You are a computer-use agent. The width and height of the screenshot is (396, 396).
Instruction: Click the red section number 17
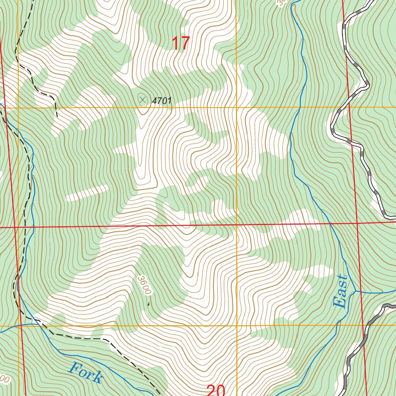181,43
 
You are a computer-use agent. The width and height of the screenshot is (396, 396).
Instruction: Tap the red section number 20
216,390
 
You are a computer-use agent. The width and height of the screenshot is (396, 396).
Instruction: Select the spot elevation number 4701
162,101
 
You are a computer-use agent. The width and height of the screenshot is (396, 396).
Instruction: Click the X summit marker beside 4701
143,101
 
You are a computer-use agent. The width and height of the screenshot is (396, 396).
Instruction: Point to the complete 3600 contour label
143,285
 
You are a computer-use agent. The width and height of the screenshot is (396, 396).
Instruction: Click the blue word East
340,292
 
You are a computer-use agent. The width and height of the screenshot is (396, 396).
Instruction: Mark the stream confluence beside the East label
355,290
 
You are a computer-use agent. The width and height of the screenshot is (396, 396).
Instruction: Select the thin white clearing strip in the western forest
87,193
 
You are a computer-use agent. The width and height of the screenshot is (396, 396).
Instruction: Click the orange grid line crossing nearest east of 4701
236,107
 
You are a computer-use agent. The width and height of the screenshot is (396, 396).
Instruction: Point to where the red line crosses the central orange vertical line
236,225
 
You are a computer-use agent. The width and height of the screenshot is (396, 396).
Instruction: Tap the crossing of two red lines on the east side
356,223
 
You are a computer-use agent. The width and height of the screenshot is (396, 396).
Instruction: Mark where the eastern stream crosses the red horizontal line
331,224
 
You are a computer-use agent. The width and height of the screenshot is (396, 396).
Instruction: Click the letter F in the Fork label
74,367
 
